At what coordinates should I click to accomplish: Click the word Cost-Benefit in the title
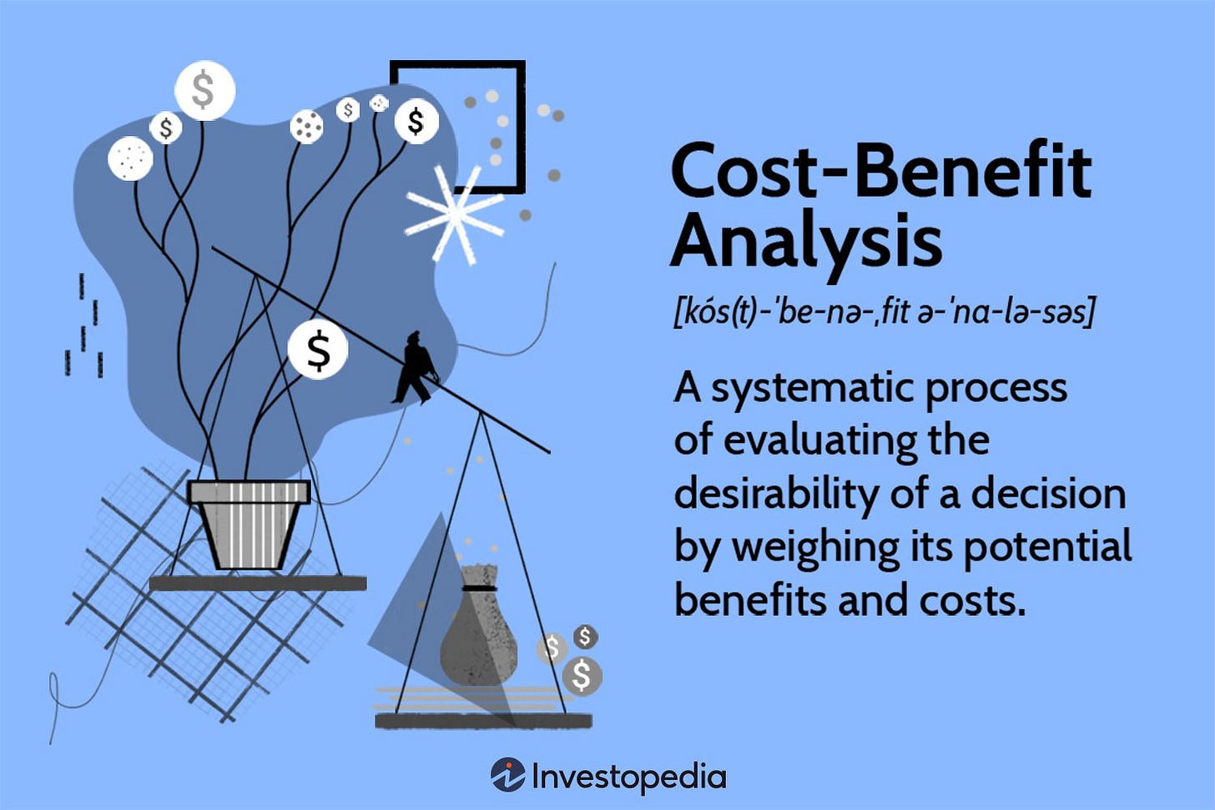click(880, 171)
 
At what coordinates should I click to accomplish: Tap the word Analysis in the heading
click(806, 240)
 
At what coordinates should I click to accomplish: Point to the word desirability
click(776, 494)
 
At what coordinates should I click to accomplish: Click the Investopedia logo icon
click(507, 775)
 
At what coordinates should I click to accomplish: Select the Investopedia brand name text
click(628, 777)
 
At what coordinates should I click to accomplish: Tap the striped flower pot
click(249, 526)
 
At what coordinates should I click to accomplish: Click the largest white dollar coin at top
click(204, 89)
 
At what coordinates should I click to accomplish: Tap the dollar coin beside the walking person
click(318, 350)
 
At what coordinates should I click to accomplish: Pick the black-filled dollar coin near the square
click(416, 122)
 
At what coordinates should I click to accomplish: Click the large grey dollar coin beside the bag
click(582, 675)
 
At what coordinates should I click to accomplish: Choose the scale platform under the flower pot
click(258, 583)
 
